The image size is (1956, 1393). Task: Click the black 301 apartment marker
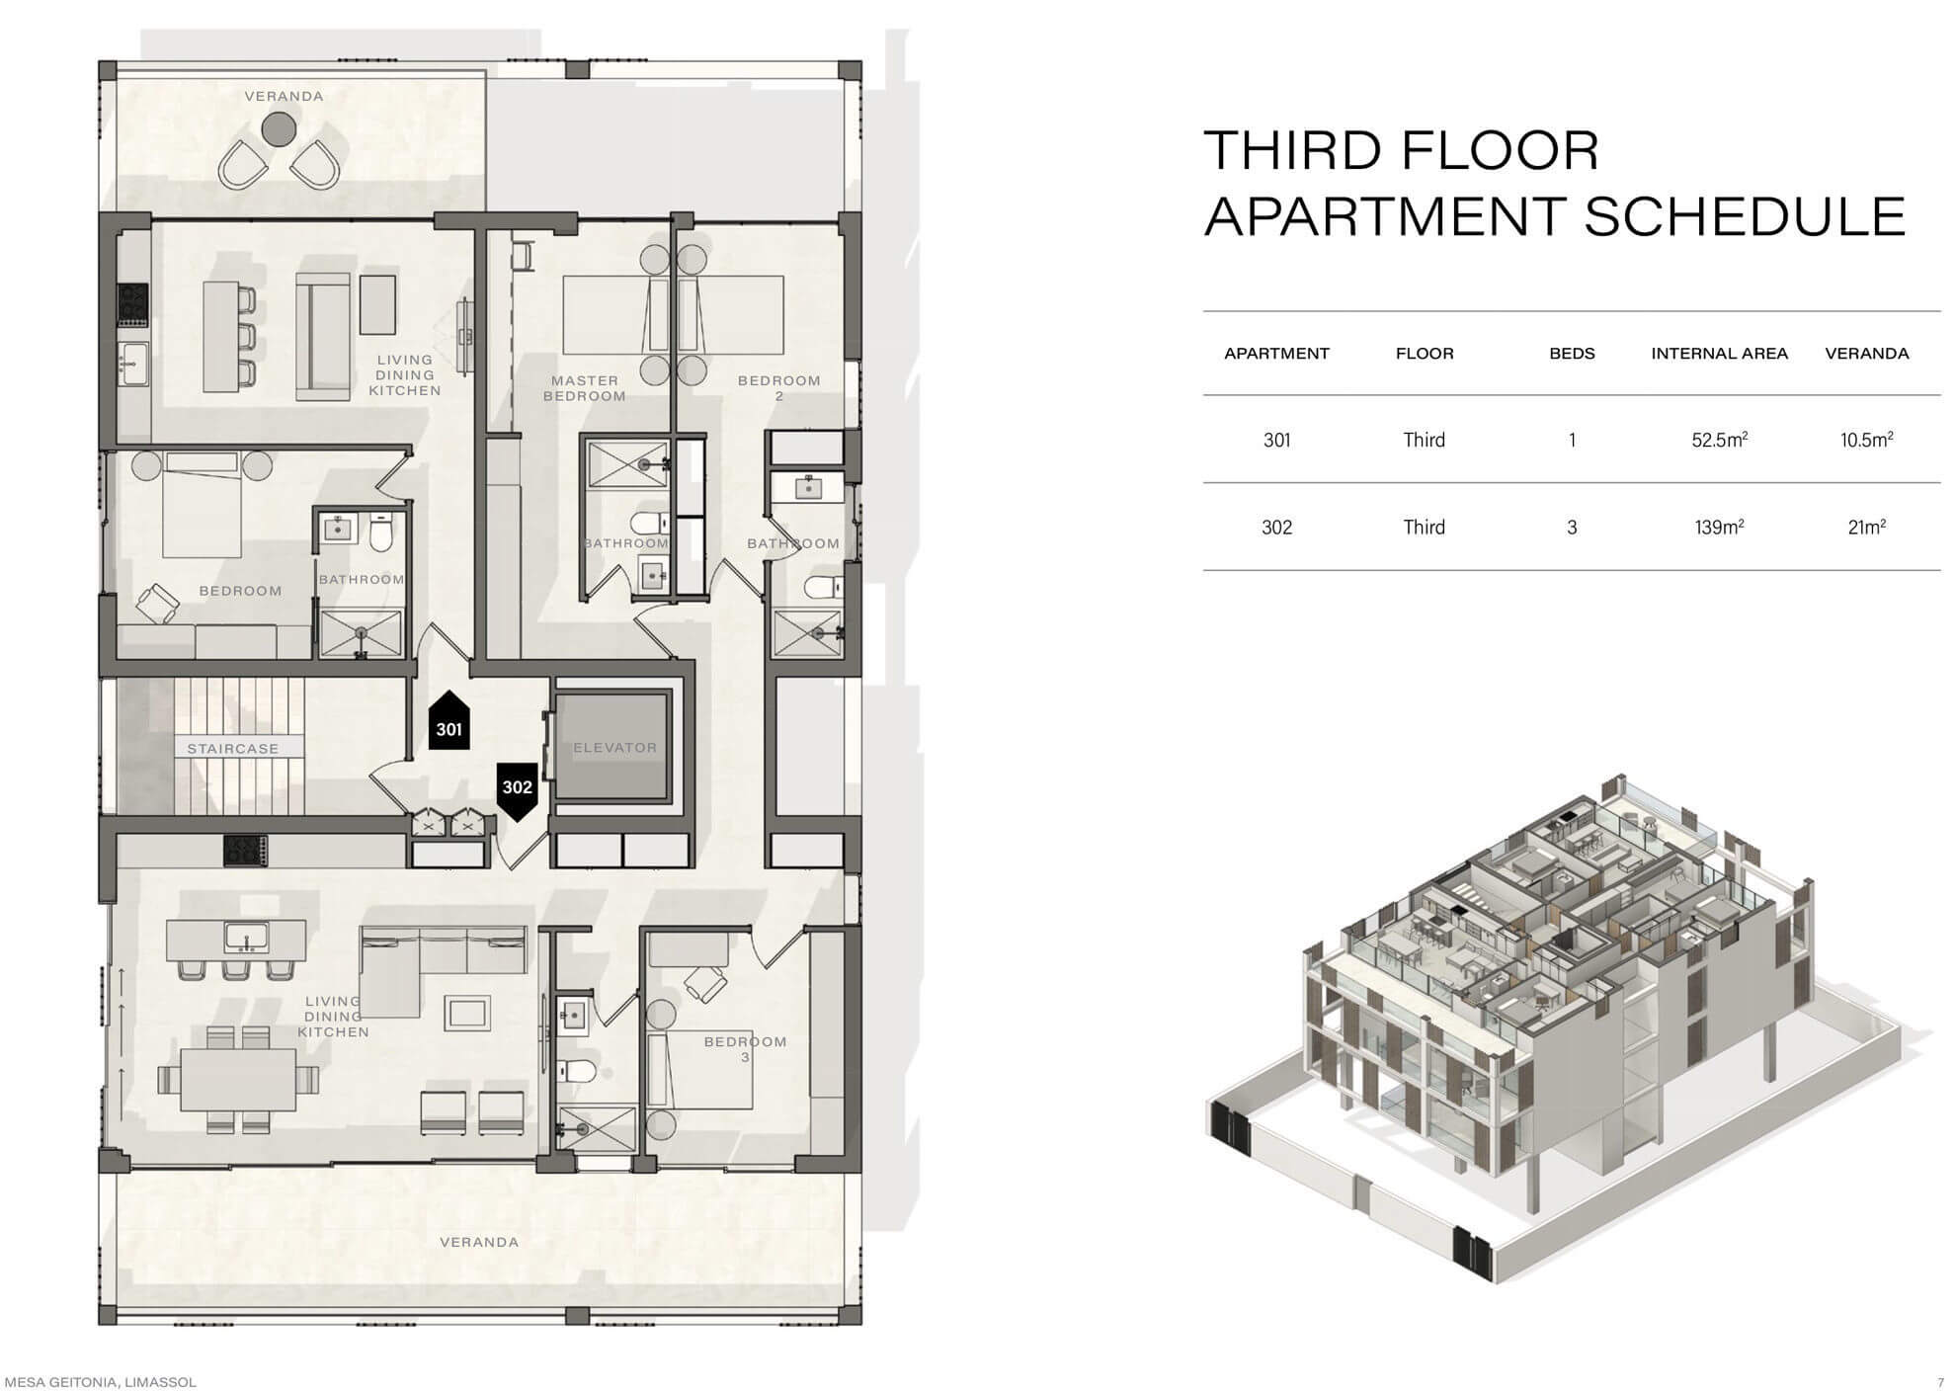(x=448, y=721)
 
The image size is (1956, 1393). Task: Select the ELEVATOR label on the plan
(x=614, y=748)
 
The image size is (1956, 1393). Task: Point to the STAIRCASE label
(x=233, y=749)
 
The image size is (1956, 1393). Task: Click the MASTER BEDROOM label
(x=585, y=388)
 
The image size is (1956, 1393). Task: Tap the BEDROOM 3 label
(x=745, y=1049)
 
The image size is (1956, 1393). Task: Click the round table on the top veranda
(x=279, y=127)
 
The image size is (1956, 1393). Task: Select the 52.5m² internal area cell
(x=1719, y=440)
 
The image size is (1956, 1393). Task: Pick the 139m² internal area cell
(x=1719, y=527)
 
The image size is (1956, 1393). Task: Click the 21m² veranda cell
(x=1866, y=527)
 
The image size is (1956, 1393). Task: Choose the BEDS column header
(x=1572, y=354)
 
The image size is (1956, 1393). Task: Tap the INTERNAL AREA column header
(x=1719, y=354)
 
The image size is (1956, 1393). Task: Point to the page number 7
(x=1940, y=1382)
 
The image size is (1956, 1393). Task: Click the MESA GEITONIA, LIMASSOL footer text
(x=101, y=1382)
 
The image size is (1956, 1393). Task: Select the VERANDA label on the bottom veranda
(x=479, y=1242)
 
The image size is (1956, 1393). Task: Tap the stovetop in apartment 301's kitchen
(x=132, y=305)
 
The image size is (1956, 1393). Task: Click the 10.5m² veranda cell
(x=1866, y=440)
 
